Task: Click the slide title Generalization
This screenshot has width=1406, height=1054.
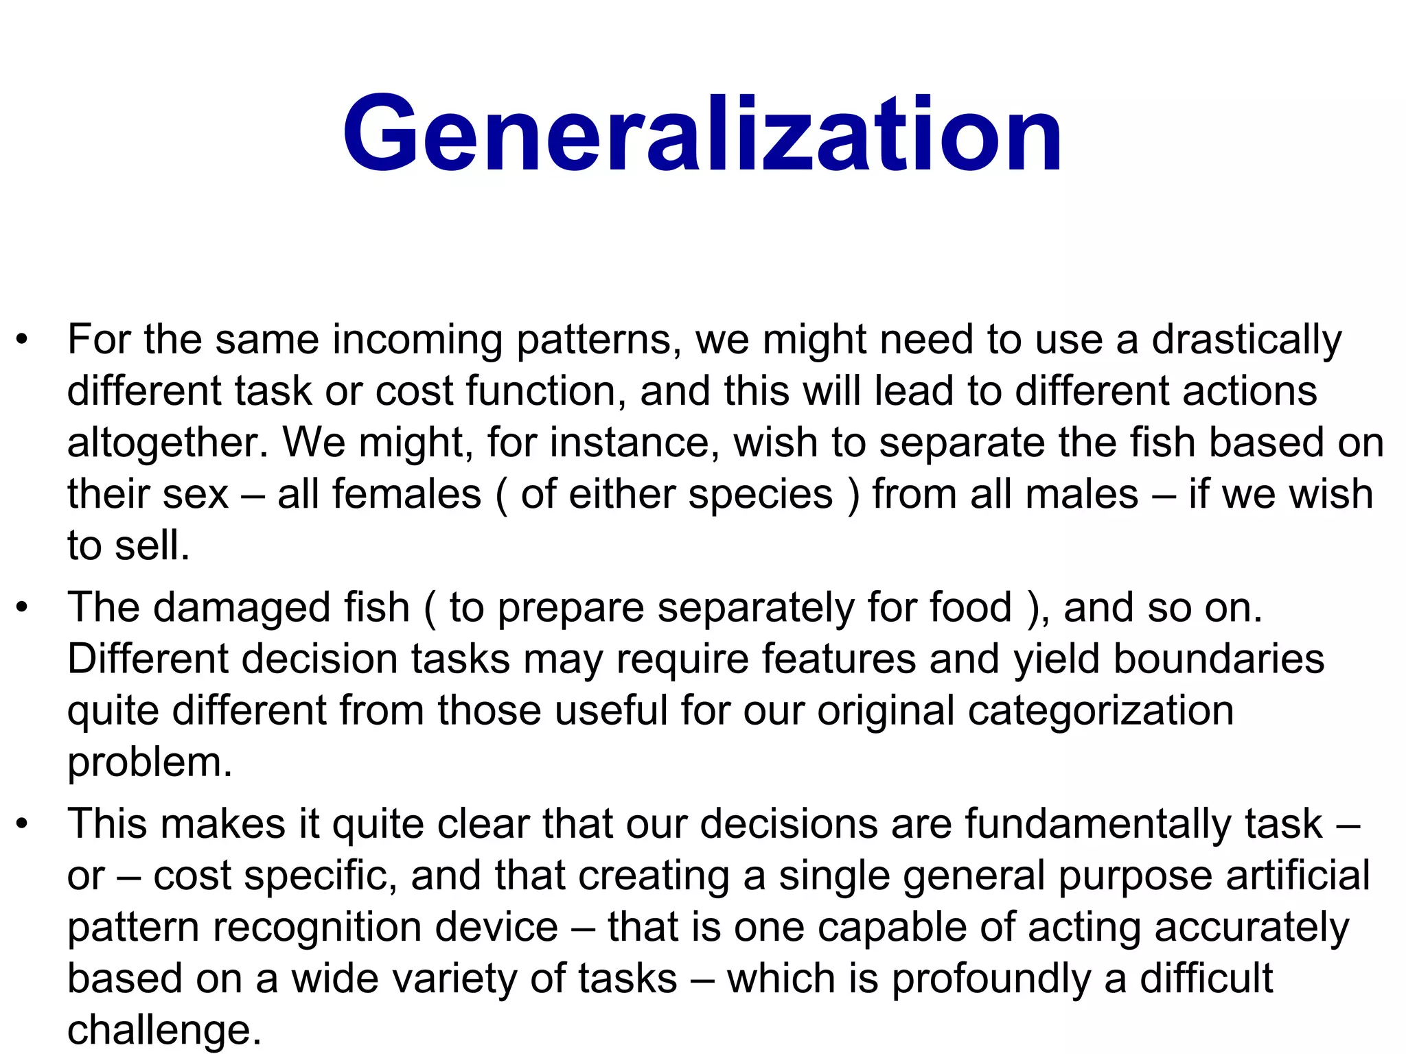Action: click(702, 134)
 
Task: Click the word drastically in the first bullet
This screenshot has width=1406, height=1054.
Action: click(1246, 340)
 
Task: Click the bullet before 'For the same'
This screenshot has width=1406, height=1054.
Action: click(23, 340)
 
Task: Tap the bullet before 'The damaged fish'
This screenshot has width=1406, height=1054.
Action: click(23, 608)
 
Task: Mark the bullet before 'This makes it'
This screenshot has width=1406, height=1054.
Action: click(23, 824)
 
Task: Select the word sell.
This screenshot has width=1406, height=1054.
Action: click(151, 547)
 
